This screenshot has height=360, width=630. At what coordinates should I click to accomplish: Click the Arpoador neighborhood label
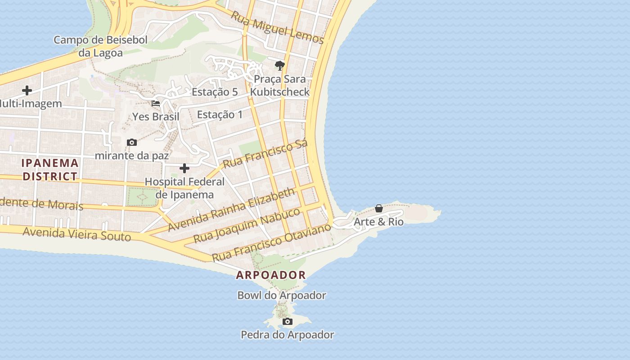(x=271, y=275)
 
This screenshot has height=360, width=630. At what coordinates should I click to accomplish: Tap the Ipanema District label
(x=50, y=170)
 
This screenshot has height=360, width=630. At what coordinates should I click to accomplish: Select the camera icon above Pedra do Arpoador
(x=288, y=321)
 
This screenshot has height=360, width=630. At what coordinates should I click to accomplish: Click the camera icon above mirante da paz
(x=132, y=143)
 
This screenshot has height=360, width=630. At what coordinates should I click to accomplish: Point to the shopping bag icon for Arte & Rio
(x=379, y=208)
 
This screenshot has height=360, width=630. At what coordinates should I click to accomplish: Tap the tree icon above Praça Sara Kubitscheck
(x=280, y=66)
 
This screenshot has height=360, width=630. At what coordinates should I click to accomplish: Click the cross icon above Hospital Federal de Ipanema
(x=184, y=169)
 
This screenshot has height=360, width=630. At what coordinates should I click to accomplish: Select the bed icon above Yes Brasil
(x=156, y=103)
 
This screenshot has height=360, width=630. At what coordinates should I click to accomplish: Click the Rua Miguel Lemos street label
(x=277, y=27)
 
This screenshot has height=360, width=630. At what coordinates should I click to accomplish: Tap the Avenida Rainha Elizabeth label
(x=231, y=209)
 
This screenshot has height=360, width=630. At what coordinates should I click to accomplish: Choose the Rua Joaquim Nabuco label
(x=246, y=225)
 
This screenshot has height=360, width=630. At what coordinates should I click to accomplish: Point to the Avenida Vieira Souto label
(x=76, y=234)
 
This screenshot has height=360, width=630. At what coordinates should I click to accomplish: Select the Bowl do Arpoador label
(x=282, y=296)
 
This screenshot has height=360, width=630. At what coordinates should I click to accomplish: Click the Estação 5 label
(x=215, y=92)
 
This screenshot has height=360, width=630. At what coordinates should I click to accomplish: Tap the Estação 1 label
(x=220, y=114)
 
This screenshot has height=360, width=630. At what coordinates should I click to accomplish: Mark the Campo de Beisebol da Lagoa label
(x=100, y=46)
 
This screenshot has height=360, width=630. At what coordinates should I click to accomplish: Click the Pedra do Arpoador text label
(x=288, y=335)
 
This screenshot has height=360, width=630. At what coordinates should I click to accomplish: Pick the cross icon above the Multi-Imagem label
(x=27, y=90)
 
